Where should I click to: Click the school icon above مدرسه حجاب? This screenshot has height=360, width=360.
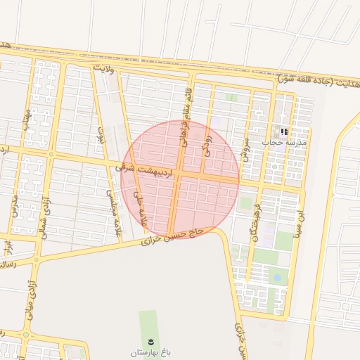284,131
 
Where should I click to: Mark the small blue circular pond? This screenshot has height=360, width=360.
277,278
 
